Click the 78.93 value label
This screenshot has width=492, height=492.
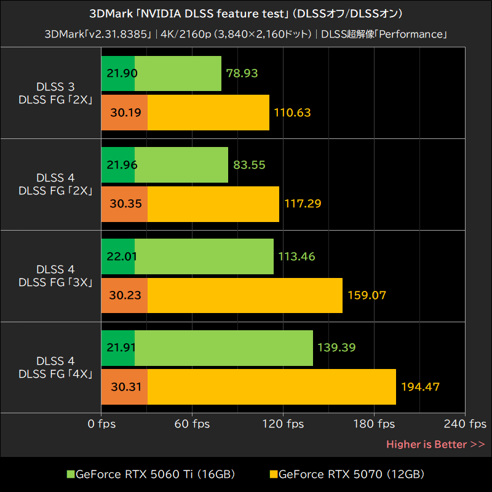click(x=242, y=73)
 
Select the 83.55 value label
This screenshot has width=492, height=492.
click(x=249, y=165)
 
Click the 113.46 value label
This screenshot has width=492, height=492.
click(x=296, y=256)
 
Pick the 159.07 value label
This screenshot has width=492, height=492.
click(x=367, y=295)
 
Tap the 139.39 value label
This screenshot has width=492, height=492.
click(x=336, y=347)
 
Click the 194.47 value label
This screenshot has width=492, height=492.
click(x=421, y=387)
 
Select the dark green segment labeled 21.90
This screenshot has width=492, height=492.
click(x=118, y=73)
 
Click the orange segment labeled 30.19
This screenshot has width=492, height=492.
click(x=125, y=113)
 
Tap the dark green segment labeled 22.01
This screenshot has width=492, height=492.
click(x=118, y=256)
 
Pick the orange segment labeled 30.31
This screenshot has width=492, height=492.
click(x=125, y=387)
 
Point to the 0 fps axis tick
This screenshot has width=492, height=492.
click(x=102, y=424)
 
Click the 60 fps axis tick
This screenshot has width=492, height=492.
click(x=192, y=424)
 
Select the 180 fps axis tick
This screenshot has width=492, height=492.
click(x=374, y=424)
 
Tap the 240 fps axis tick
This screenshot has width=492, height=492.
click(x=465, y=424)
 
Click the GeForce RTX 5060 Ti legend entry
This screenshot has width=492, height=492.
click(x=151, y=474)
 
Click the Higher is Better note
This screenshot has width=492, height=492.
click(x=435, y=444)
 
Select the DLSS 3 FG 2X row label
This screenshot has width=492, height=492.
click(x=55, y=93)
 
